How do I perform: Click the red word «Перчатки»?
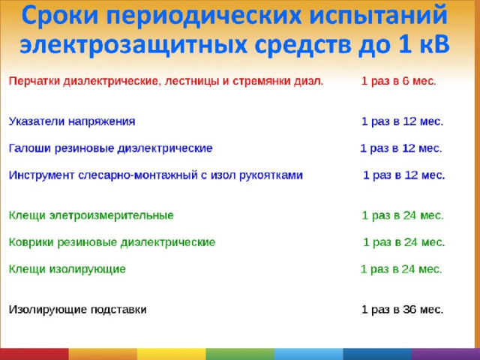pyautogui.click(x=34, y=82)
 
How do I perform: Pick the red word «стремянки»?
pyautogui.click(x=262, y=82)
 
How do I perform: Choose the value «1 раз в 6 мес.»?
pyautogui.click(x=398, y=81)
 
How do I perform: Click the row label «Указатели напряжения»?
pyautogui.click(x=72, y=121)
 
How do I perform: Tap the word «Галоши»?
pyautogui.click(x=29, y=148)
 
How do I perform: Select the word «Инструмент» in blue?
pyautogui.click(x=41, y=175)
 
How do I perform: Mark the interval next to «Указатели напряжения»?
pyautogui.click(x=402, y=121)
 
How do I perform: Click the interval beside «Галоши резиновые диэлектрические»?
pyautogui.click(x=401, y=148)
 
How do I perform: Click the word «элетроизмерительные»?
pyautogui.click(x=112, y=215)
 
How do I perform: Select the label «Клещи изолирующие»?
pyautogui.click(x=67, y=269)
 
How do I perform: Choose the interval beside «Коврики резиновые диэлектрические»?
pyautogui.click(x=403, y=242)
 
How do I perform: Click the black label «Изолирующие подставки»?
pyautogui.click(x=77, y=310)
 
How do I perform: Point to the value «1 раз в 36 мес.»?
pyautogui.click(x=402, y=310)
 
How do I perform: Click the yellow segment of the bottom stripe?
pyautogui.click(x=172, y=354)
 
